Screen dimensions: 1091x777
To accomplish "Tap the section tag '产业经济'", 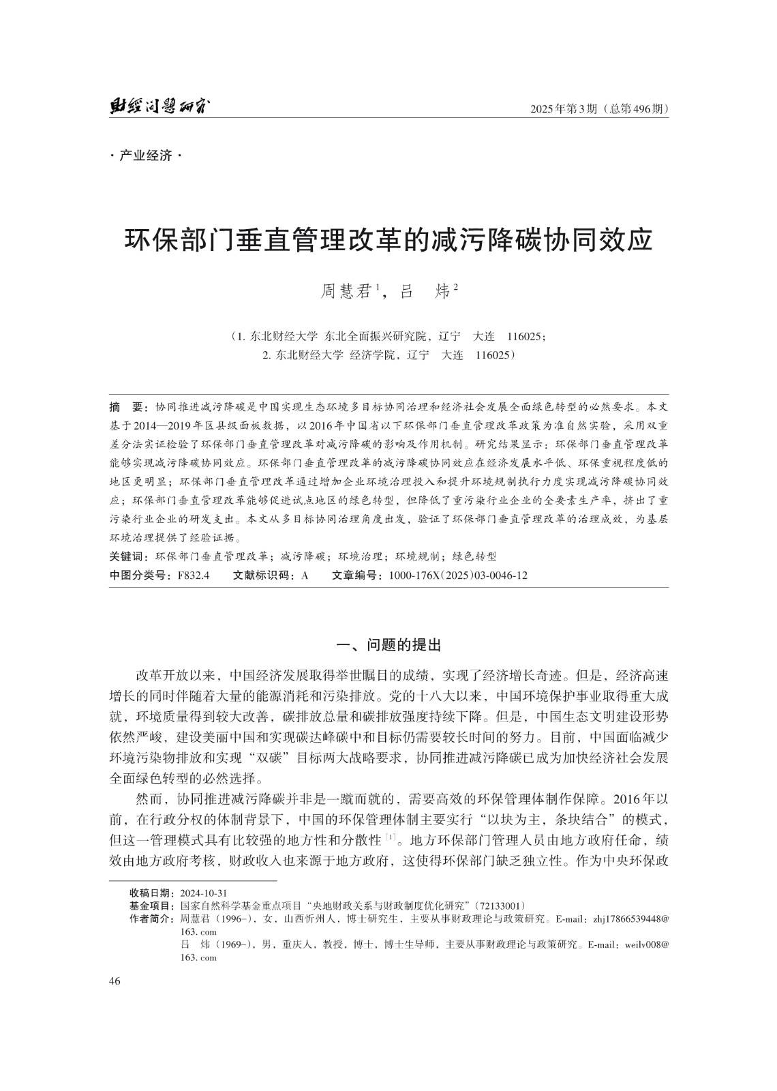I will point(146,156).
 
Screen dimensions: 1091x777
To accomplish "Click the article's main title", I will point(388,241).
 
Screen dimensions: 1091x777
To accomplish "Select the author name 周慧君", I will point(349,292).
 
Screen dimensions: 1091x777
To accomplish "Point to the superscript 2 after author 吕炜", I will point(455,288).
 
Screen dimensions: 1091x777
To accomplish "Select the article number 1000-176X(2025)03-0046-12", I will point(458,576).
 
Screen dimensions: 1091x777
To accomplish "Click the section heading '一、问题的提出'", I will point(389,644).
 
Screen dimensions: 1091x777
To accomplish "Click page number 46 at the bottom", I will point(115,981).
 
